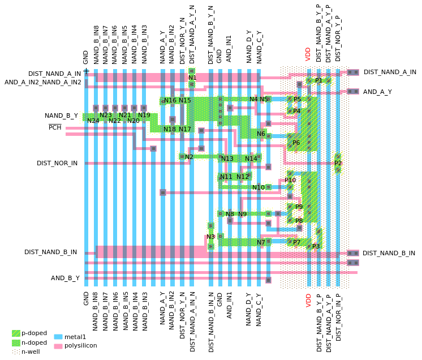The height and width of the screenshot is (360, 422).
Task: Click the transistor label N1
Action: click(x=192, y=78)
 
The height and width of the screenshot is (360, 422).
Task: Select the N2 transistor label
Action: click(x=189, y=157)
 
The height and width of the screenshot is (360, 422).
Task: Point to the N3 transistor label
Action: click(x=210, y=237)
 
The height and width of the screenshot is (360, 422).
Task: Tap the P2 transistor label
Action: click(x=338, y=163)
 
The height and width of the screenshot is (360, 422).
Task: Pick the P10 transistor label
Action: click(x=290, y=180)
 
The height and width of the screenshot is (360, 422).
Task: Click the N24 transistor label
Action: click(x=93, y=121)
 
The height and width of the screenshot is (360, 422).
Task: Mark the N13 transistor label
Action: click(x=227, y=158)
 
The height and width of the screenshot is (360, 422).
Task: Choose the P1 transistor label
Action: click(x=318, y=80)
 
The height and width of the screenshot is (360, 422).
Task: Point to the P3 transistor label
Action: click(x=316, y=246)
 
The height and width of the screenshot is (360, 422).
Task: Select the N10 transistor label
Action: click(x=259, y=187)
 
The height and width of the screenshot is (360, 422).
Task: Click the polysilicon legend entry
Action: click(x=80, y=345)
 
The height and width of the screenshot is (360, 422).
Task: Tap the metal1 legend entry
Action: click(x=75, y=337)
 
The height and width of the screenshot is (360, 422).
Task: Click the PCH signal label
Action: click(x=55, y=127)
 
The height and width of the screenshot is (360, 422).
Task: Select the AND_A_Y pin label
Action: click(x=377, y=92)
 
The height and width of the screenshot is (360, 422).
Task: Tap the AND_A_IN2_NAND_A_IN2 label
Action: click(x=43, y=82)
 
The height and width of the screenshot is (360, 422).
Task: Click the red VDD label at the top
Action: click(x=308, y=54)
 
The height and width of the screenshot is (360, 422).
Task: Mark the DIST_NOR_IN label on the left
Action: click(x=57, y=163)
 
